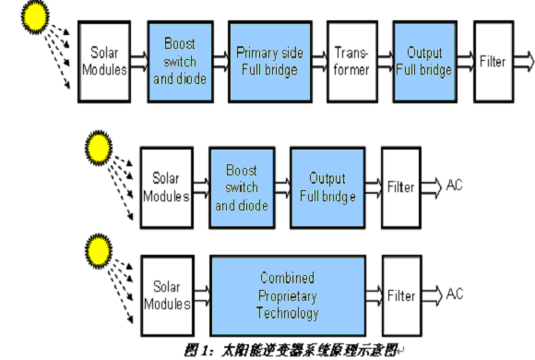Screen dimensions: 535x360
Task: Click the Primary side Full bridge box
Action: [270, 62]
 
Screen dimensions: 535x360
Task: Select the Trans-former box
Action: [352, 62]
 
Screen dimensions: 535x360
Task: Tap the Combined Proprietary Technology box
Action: [288, 295]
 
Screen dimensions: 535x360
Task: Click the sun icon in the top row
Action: [35, 17]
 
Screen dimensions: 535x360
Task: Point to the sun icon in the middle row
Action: [99, 148]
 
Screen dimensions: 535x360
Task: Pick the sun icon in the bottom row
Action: [99, 251]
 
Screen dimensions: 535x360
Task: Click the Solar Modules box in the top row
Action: [104, 62]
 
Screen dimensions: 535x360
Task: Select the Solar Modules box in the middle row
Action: [167, 187]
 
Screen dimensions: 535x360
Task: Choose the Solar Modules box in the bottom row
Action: [168, 295]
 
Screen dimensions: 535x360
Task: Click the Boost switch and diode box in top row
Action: [181, 62]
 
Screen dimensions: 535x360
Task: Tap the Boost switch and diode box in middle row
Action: [242, 187]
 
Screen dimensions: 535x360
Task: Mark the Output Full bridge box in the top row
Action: [425, 62]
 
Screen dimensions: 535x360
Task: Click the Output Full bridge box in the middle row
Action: [327, 187]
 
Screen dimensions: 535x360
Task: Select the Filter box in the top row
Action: [493, 62]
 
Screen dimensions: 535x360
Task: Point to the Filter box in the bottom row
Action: [402, 295]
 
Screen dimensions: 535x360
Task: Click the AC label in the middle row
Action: [454, 186]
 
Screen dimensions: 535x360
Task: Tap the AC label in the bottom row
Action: [455, 294]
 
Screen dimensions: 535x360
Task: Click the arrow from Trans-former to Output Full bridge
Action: [386, 62]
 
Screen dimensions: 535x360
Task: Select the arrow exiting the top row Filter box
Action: [524, 62]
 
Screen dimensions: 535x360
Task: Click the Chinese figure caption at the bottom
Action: [294, 351]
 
